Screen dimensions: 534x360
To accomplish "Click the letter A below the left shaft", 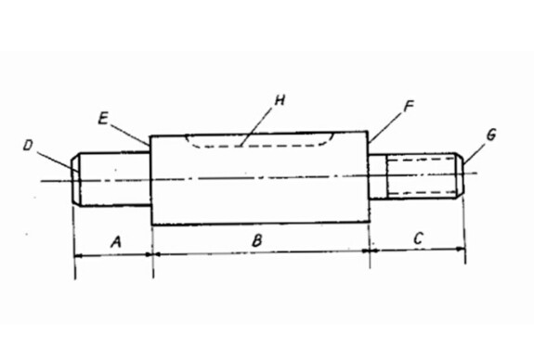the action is (x=116, y=242).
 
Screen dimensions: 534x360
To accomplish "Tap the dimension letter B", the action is (x=257, y=240).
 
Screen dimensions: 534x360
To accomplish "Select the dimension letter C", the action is (x=418, y=238).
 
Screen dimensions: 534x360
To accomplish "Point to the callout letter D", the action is (x=28, y=146).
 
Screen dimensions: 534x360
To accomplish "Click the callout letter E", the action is (x=103, y=119).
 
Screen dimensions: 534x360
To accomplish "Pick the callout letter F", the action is (x=408, y=107).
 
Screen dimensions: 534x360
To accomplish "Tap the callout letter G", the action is (x=490, y=135).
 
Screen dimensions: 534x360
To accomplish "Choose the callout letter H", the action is (x=280, y=100).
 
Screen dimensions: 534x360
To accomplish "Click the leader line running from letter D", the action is (x=58, y=161).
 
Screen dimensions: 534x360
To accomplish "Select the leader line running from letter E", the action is (x=130, y=135).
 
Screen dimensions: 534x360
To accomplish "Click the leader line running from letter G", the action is (x=474, y=154).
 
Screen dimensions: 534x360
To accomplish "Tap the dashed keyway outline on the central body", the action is (x=259, y=147).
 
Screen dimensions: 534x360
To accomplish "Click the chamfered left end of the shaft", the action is (x=76, y=179).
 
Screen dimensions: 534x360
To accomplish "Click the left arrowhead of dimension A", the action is (x=78, y=255).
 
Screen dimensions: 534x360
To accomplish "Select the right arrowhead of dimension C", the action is (x=461, y=249).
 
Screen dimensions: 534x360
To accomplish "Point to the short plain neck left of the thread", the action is (x=378, y=176).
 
